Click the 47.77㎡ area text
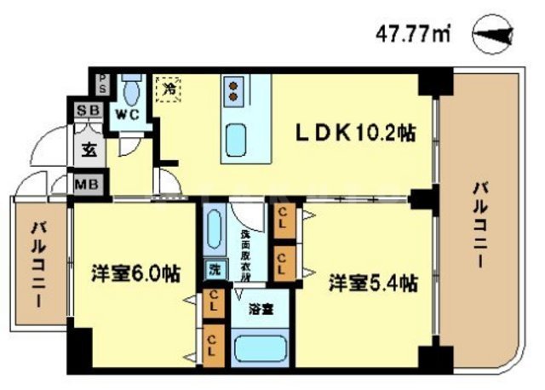pyautogui.click(x=413, y=35)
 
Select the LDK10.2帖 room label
pyautogui.click(x=355, y=134)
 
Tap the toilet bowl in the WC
pyautogui.click(x=132, y=88)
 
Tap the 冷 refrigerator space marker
pyautogui.click(x=168, y=87)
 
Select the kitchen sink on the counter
pyautogui.click(x=235, y=136)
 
